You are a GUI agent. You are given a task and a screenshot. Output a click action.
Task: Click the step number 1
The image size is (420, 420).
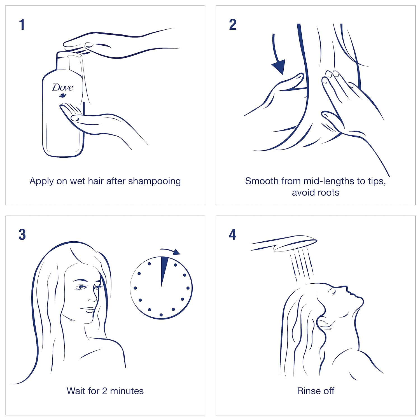[x=22, y=24]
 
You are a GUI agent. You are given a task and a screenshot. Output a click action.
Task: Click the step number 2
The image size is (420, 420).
[x=233, y=24]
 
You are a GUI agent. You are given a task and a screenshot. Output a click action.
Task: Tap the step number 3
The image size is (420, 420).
[x=22, y=235]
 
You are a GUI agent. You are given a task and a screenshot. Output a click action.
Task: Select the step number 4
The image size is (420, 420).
[x=233, y=234]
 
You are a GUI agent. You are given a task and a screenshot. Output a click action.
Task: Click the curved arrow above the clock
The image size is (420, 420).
[x=171, y=251]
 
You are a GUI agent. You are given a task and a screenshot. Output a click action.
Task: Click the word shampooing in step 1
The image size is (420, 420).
[x=154, y=181]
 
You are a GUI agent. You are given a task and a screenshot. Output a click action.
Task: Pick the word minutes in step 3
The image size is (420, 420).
[x=127, y=391]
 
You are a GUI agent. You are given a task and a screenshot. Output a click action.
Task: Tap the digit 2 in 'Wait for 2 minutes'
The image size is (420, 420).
[x=104, y=391]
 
